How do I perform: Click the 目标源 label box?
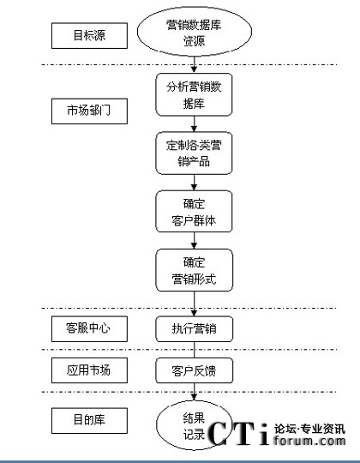pos(89,36)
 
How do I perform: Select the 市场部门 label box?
pos(89,111)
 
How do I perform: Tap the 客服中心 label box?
pos(89,329)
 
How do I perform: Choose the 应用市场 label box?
pos(89,370)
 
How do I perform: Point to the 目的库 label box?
pos(89,421)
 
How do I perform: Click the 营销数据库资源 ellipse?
pos(195,32)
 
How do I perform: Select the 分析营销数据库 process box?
pos(194,95)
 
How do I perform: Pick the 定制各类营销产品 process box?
pos(194,153)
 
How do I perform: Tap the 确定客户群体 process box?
pos(194,212)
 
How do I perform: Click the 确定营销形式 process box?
pos(195,270)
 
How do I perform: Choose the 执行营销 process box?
pos(195,329)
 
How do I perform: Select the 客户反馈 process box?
pos(195,370)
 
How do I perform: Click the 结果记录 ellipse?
pos(194,425)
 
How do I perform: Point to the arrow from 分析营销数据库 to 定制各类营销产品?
pos(194,124)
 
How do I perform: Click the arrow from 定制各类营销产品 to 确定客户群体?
pos(194,183)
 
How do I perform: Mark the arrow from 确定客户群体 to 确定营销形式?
pos(194,241)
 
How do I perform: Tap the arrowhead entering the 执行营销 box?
pos(194,313)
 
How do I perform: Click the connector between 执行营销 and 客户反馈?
pos(195,350)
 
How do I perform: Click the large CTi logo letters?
pos(238,433)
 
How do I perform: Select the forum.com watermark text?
pos(309,441)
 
